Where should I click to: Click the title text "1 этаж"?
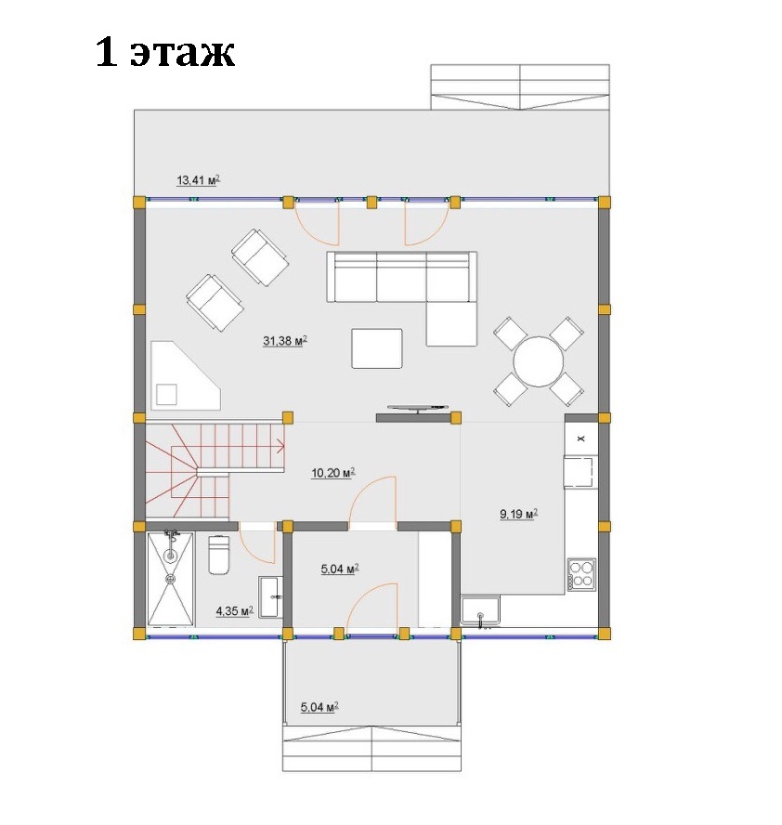[165, 52]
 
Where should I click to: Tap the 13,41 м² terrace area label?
[198, 180]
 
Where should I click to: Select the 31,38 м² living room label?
[284, 341]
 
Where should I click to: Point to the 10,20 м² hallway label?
[332, 473]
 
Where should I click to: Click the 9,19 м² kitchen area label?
[518, 514]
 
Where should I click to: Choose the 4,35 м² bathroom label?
[235, 611]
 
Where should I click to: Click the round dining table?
[538, 362]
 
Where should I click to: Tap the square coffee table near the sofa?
[377, 348]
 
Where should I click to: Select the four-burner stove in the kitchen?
[581, 574]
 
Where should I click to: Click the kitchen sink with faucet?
[480, 611]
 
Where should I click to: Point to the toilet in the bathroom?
[218, 555]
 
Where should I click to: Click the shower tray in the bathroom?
[170, 579]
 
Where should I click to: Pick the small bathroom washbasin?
[270, 596]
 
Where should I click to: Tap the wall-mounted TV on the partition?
[418, 408]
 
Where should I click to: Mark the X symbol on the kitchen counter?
[581, 438]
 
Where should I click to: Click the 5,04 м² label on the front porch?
[319, 707]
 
